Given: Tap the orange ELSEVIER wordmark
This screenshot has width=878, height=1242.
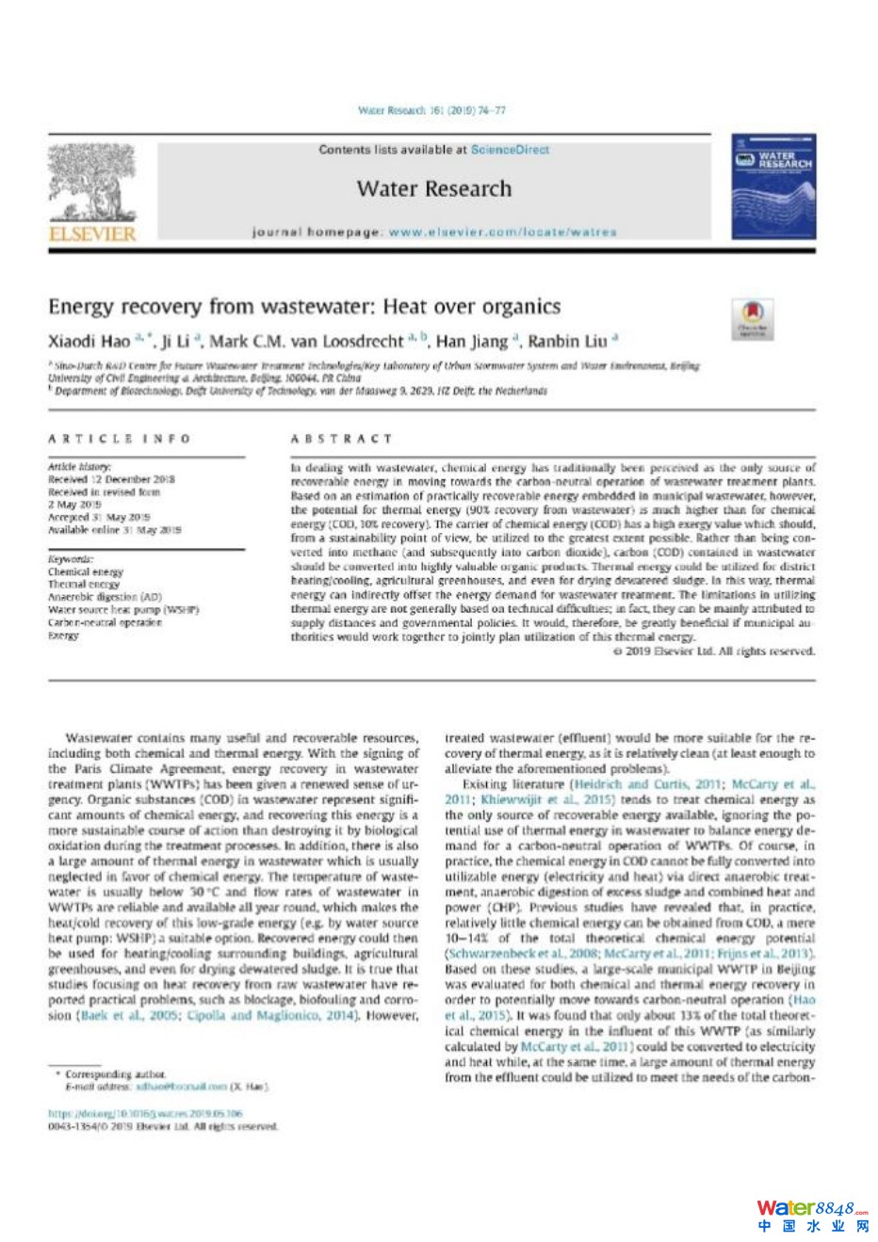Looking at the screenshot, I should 92,233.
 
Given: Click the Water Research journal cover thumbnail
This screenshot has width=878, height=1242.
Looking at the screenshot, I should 772,186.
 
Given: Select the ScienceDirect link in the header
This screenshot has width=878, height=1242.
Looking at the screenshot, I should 510,150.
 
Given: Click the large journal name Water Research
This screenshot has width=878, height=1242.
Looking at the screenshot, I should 434,188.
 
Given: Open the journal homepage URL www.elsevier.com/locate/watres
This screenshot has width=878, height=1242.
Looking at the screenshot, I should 502,232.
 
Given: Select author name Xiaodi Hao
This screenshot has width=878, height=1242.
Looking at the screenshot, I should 89,341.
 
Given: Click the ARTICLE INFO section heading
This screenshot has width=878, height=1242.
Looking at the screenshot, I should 119,439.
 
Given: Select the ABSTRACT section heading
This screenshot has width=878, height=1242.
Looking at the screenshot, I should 341,439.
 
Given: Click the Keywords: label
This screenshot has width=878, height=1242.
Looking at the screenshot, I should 71,559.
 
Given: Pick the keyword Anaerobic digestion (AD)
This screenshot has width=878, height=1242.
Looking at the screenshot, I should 105,597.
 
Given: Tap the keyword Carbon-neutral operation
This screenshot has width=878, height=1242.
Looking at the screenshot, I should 105,622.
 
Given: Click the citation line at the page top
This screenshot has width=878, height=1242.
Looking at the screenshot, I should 431,110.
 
